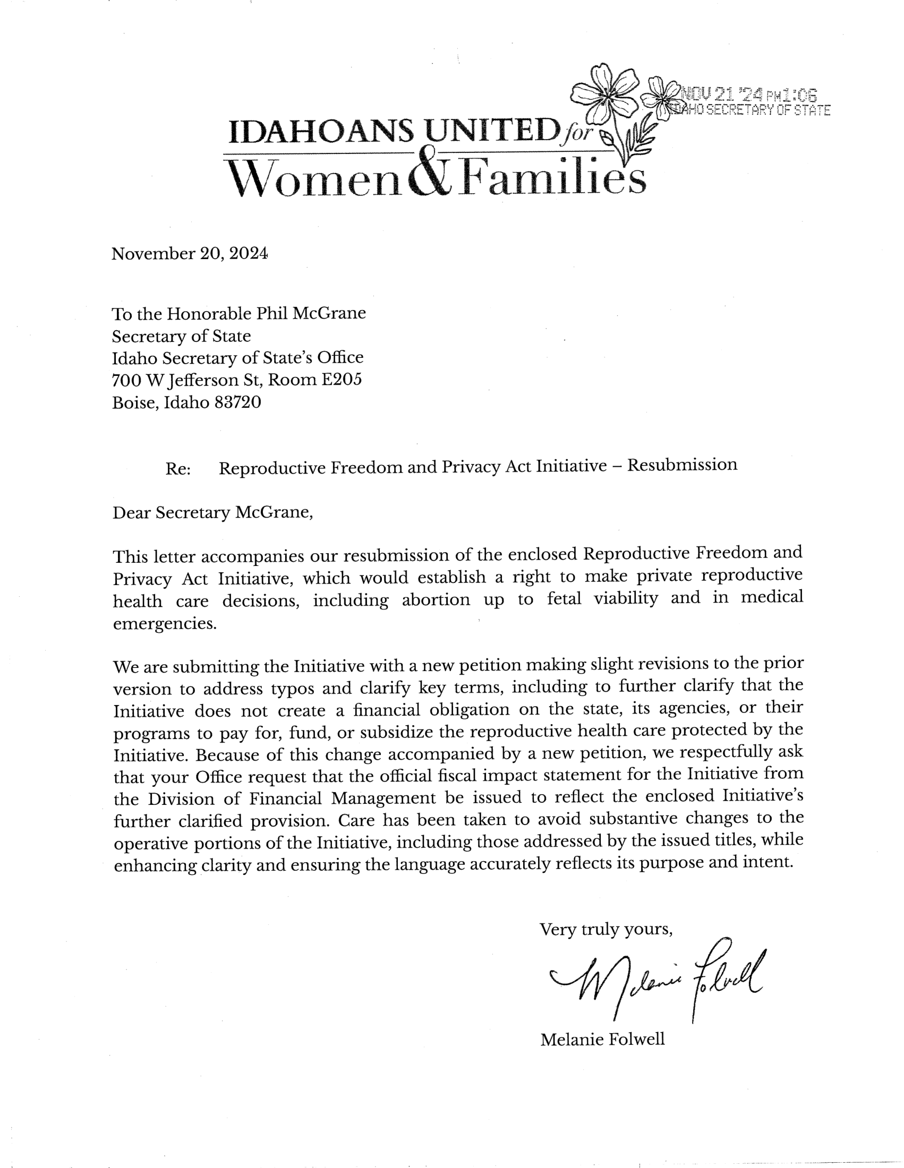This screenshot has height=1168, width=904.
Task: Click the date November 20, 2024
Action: [190, 253]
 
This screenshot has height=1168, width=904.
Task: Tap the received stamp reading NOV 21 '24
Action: [749, 96]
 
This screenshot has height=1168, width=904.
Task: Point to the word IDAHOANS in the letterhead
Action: [321, 132]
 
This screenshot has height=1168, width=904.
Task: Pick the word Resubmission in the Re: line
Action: [682, 465]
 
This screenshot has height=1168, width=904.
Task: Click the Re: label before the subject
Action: [178, 469]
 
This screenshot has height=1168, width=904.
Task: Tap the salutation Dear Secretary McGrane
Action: [212, 513]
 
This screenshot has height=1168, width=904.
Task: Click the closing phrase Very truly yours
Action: [605, 929]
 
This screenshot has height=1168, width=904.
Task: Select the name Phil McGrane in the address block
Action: [311, 313]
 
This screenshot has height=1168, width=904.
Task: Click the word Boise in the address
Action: [134, 403]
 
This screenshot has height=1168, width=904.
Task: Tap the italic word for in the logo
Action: [575, 133]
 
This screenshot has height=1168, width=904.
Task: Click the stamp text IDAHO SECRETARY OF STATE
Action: [752, 111]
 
